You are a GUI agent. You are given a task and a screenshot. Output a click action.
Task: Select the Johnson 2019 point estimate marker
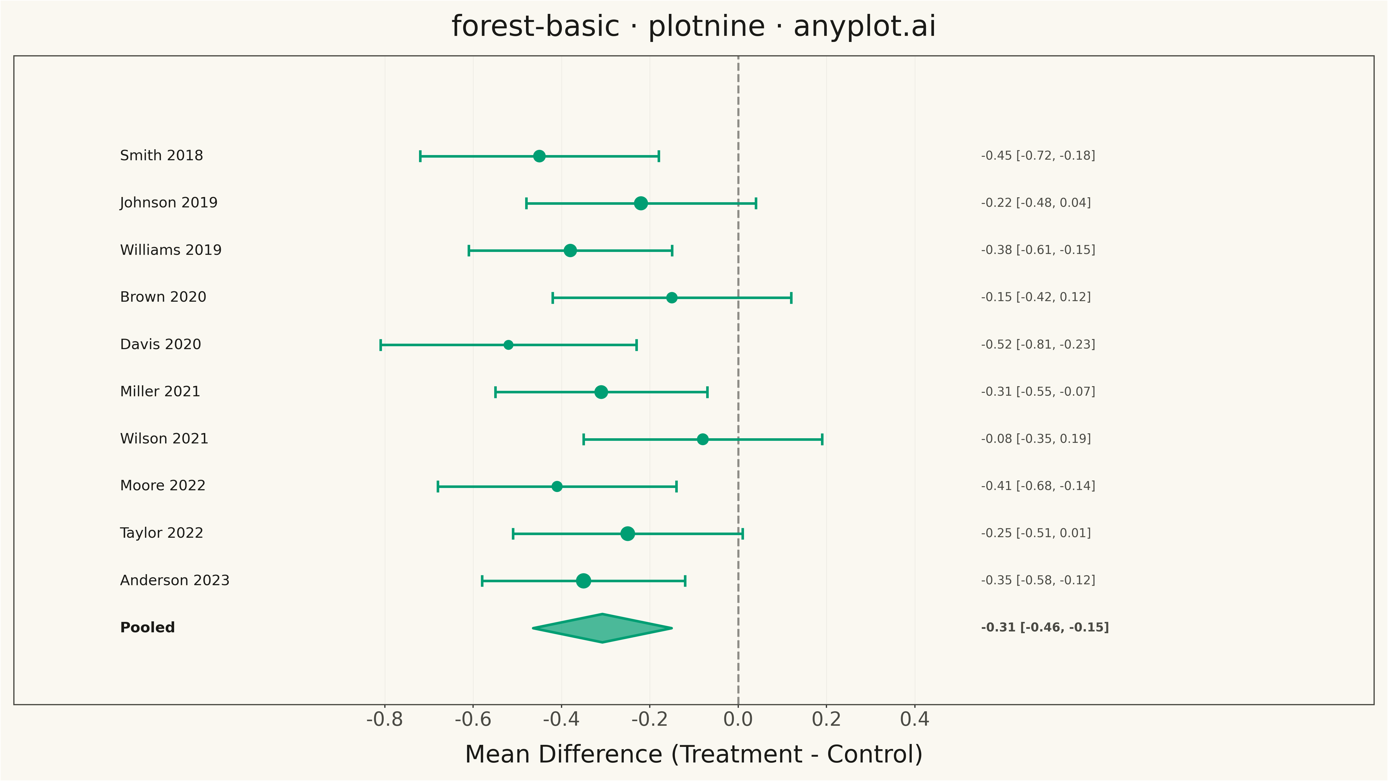pyautogui.click(x=641, y=203)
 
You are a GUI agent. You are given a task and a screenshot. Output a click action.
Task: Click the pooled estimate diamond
pyautogui.click(x=602, y=628)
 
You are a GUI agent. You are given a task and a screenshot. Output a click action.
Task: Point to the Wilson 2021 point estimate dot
pyautogui.click(x=703, y=439)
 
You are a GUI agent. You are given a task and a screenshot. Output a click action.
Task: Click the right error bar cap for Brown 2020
pyautogui.click(x=791, y=298)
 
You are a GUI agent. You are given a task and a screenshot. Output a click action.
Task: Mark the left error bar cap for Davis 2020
pyautogui.click(x=381, y=345)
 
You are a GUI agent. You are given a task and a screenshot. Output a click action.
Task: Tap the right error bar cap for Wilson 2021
pyautogui.click(x=822, y=439)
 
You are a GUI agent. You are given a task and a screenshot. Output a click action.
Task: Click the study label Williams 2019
pyautogui.click(x=171, y=250)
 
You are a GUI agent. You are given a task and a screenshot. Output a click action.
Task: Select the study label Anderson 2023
pyautogui.click(x=175, y=581)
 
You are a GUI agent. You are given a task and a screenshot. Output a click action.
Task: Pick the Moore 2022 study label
pyautogui.click(x=163, y=486)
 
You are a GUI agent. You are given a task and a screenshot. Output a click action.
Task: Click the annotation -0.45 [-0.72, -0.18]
pyautogui.click(x=1038, y=156)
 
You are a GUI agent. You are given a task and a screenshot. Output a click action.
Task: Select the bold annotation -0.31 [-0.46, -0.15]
pyautogui.click(x=1045, y=627)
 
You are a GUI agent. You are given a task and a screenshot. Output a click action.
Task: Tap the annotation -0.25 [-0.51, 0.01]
pyautogui.click(x=1036, y=533)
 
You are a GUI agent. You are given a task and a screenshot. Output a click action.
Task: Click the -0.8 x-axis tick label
pyautogui.click(x=385, y=719)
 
